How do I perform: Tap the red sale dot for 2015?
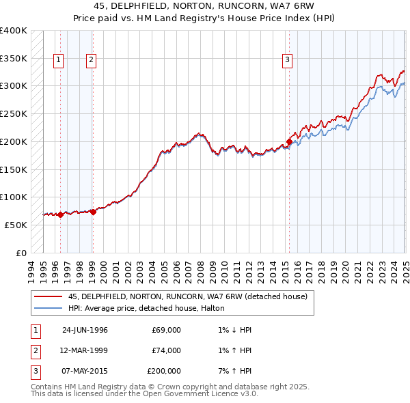[x=289, y=142]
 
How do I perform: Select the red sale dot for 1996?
[x=60, y=214]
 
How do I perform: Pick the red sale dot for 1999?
[x=93, y=212]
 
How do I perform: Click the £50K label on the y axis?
[x=16, y=225]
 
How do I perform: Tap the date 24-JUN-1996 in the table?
[x=85, y=330]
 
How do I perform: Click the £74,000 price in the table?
[x=167, y=350]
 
